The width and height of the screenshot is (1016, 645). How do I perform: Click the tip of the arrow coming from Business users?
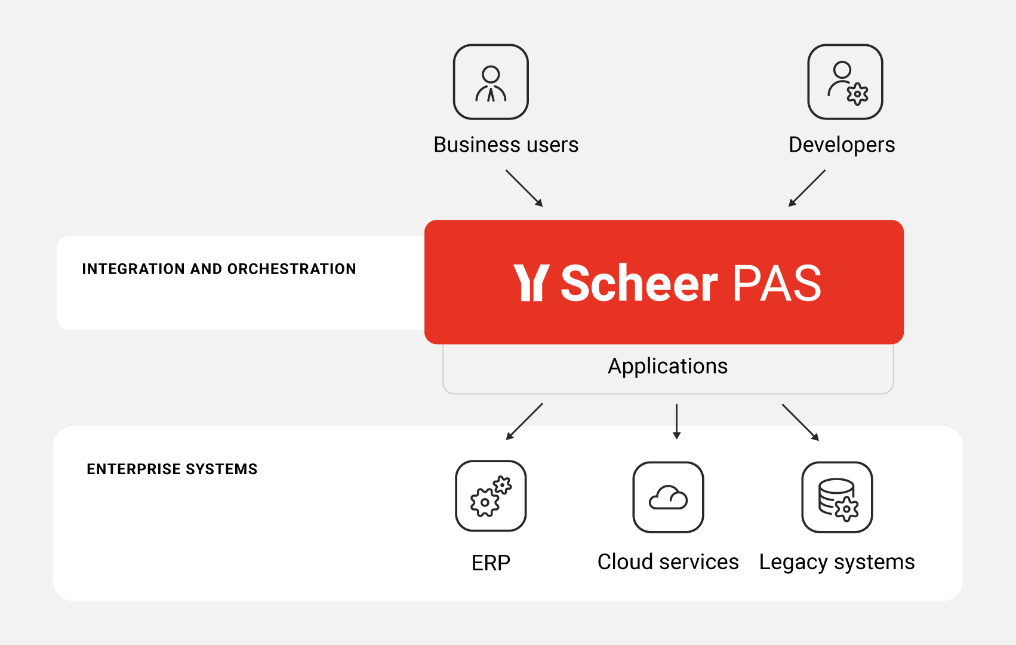coord(543,207)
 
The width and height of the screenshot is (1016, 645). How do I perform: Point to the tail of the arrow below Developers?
coord(825,171)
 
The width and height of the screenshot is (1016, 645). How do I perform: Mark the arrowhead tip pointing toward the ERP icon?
coord(506,440)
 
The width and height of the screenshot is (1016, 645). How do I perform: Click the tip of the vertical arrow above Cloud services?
coord(677,440)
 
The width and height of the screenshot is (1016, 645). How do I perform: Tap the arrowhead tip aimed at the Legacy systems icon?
coord(818,441)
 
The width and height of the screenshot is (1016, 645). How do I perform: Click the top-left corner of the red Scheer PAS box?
coord(425,220)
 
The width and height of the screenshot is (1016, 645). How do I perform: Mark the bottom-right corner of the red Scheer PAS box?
coord(904,343)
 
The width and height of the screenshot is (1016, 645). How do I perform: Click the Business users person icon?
coord(491,82)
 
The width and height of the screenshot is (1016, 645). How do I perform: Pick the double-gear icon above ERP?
coord(491,496)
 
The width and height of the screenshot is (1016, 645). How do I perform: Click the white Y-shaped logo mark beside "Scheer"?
coord(531,282)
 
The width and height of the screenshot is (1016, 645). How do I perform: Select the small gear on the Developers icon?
coord(857,94)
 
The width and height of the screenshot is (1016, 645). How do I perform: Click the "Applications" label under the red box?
coord(667,366)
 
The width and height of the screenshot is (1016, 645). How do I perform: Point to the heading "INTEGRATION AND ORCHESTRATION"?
coord(219,269)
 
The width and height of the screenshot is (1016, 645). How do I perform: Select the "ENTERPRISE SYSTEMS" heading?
coord(172,469)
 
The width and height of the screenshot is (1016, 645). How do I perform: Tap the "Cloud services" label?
coord(668,562)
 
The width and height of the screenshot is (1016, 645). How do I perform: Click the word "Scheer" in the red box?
coord(639,283)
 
